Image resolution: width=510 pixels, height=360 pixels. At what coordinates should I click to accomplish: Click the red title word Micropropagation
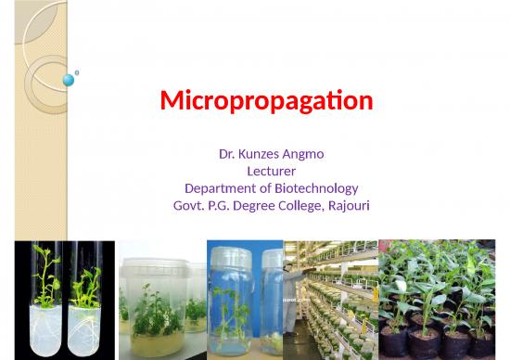tap(266, 100)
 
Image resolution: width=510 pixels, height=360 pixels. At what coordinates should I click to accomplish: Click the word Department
tap(218, 187)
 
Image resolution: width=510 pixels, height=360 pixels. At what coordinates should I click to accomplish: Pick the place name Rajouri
tap(345, 204)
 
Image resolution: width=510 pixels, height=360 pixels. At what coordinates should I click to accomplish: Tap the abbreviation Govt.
tap(189, 204)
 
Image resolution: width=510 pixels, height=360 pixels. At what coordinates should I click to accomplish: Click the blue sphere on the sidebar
tap(68, 81)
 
